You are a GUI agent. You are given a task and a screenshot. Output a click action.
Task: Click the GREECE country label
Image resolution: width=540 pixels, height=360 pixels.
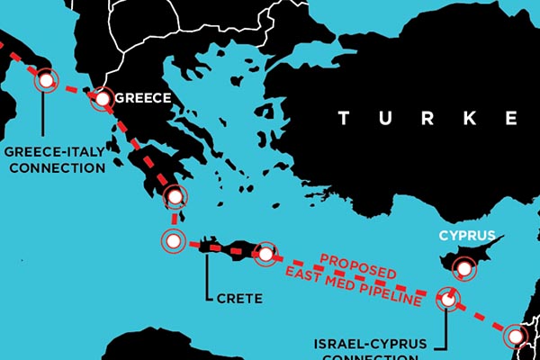[143, 100]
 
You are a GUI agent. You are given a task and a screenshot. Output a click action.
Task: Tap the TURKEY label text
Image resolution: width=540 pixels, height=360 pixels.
[427, 118]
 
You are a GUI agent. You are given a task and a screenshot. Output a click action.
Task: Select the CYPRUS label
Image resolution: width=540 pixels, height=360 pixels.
[467, 237]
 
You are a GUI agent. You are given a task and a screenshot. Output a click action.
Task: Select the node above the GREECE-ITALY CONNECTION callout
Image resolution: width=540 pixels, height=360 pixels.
[44, 81]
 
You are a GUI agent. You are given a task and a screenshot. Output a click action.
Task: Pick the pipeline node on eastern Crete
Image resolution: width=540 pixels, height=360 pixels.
[265, 254]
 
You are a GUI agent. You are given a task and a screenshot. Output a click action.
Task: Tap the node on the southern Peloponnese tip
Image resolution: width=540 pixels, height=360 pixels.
[176, 196]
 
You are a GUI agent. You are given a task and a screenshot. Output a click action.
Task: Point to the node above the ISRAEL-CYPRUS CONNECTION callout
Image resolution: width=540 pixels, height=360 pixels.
[446, 299]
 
